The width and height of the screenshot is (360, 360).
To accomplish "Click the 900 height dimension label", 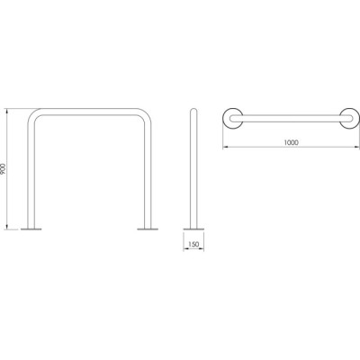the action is click(4, 169).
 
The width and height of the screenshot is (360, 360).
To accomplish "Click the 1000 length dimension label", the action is click(291, 143).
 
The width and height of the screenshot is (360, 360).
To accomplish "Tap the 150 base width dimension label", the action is click(193, 245).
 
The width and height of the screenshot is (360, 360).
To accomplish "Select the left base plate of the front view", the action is click(31, 229).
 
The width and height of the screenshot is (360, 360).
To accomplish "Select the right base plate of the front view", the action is click(148, 229).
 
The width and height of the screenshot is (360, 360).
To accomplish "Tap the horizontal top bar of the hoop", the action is click(89, 112).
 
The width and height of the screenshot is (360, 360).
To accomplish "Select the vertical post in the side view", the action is click(193, 168).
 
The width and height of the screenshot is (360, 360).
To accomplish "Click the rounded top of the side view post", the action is click(193, 110).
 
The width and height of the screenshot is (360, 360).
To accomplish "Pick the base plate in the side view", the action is click(193, 229).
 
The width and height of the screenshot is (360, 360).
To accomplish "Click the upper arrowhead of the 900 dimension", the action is click(7, 111).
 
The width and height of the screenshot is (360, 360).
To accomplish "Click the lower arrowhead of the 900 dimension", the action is click(7, 227).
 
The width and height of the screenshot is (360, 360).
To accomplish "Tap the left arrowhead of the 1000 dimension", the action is click(225, 147).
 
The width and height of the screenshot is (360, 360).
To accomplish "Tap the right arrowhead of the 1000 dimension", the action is click(356, 147).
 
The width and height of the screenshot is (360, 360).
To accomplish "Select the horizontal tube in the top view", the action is click(291, 118).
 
